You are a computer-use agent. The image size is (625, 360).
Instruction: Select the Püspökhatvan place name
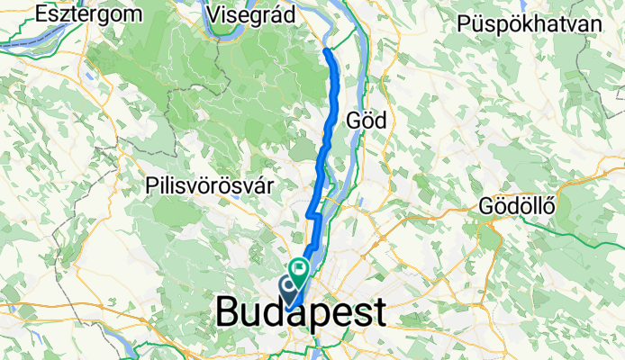pos(529,23)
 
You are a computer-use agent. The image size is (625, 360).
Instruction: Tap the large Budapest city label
pos(301,313)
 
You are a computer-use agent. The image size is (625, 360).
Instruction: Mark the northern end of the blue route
pos(327,51)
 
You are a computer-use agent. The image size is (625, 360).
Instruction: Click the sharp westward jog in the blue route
pos(312,214)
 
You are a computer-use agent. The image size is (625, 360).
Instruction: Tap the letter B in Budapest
pos(229,313)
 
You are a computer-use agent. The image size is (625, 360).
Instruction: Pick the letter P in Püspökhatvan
pos(464,23)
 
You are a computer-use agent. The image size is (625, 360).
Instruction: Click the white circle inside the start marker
pos(290,286)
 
